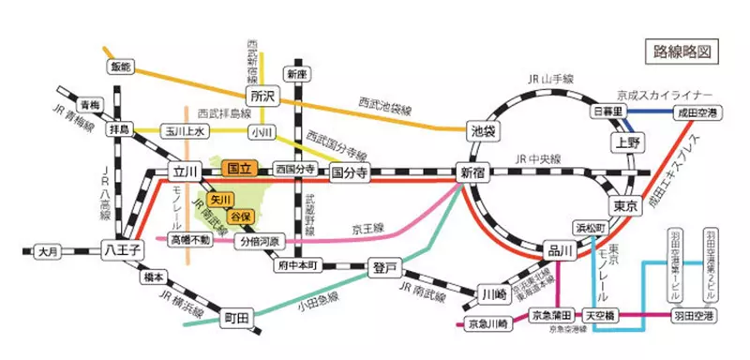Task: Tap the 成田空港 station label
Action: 698,112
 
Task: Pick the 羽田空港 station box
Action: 694,318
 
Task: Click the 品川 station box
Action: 558,250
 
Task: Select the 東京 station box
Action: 625,205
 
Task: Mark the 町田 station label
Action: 235,319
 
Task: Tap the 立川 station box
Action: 182,172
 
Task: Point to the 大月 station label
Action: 49,251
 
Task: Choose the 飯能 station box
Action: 122,67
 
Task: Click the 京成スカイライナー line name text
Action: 666,96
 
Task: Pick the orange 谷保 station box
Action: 244,217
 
